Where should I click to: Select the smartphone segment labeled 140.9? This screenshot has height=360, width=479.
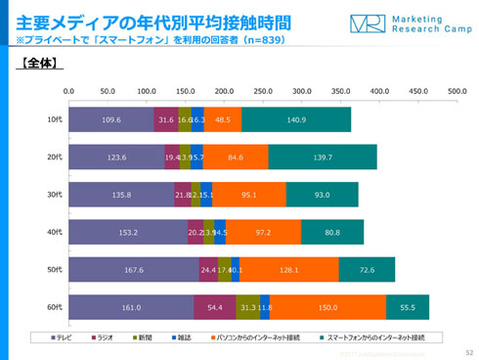[x=296, y=119]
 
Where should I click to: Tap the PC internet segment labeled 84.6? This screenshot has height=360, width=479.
[x=236, y=157]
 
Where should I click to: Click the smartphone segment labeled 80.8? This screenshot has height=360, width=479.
[x=332, y=232]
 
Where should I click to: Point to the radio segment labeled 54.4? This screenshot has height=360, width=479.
[x=214, y=307]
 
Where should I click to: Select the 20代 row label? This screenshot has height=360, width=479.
[x=55, y=157]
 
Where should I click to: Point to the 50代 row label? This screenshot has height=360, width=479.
[x=55, y=270]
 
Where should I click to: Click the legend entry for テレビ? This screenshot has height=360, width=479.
[x=73, y=337]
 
